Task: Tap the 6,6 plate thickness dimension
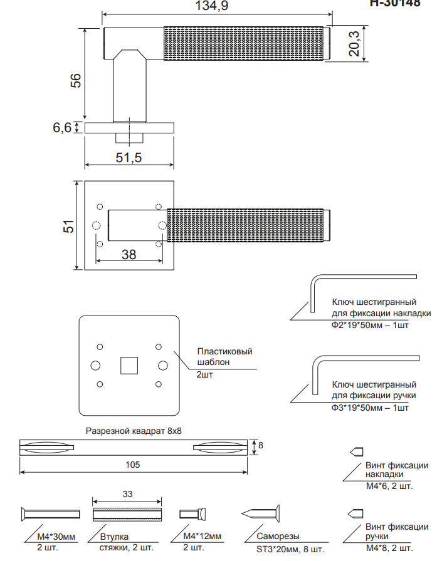pos(62,128)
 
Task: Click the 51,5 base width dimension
pos(129,158)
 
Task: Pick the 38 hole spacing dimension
pos(129,254)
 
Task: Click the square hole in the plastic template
pos(129,364)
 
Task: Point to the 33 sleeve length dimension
pos(127,494)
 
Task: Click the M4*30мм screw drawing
pos(50,514)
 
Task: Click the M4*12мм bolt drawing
pos(194,514)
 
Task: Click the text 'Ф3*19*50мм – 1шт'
pos(370,408)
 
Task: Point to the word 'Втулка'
pos(115,537)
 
